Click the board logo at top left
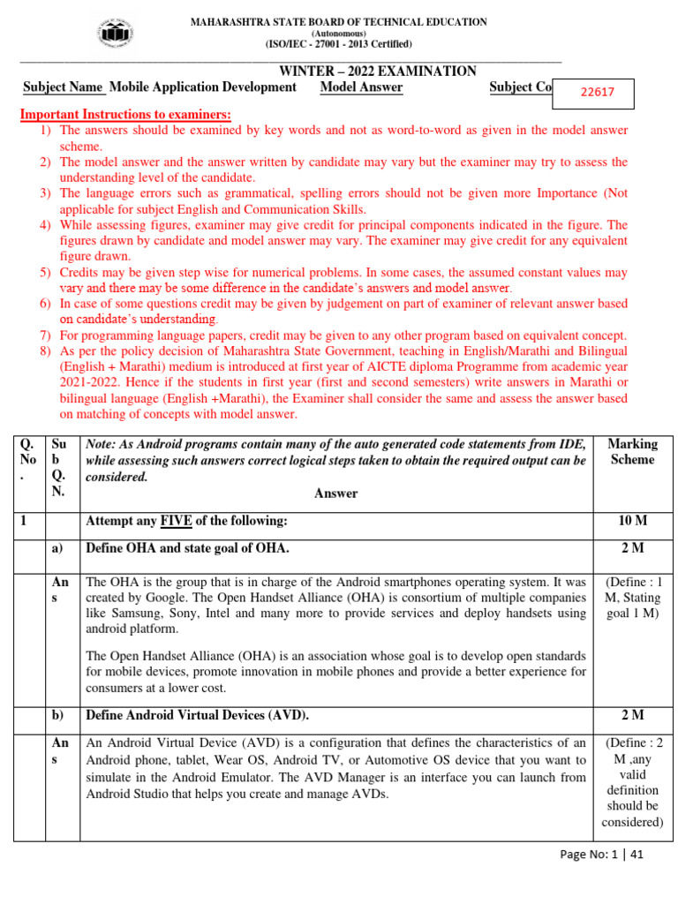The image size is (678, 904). coord(115,34)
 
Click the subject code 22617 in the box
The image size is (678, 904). coord(597,91)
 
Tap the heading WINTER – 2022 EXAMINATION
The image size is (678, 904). coord(378,72)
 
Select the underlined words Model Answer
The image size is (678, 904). coord(361,87)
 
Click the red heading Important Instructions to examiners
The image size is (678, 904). coord(125,115)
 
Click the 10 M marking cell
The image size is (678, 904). coord(632,522)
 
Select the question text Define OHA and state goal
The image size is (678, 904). coord(186,548)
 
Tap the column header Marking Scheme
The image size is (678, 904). coord(632,451)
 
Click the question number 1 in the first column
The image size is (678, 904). coord(26,522)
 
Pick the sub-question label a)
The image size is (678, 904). coord(59,548)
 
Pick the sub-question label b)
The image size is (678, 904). coord(59,715)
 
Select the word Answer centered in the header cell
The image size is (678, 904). coord(335,493)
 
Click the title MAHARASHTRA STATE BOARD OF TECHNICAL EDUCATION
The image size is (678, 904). coord(339,22)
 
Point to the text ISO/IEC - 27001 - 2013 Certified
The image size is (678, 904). coord(339,43)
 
